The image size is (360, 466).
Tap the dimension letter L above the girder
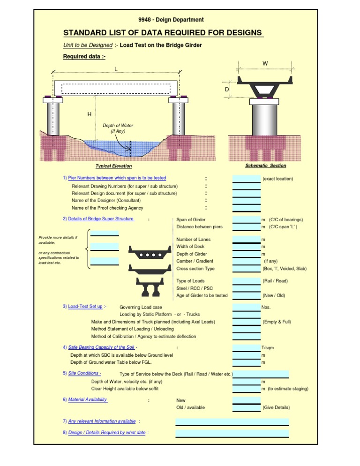click(116, 69)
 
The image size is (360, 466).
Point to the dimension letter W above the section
click(265, 63)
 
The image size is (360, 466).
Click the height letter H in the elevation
click(89, 114)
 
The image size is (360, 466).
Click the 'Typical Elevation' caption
click(113, 166)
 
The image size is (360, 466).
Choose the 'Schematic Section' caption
click(265, 165)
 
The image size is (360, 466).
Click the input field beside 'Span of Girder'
click(247, 219)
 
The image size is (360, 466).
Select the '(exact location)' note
click(278, 179)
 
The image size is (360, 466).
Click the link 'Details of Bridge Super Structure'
click(101, 219)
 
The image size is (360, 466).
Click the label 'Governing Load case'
click(141, 307)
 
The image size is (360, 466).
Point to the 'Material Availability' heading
click(88, 399)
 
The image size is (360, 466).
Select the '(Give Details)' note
click(276, 407)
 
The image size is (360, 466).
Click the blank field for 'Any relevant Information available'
click(232, 421)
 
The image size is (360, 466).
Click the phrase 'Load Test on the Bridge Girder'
click(161, 45)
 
